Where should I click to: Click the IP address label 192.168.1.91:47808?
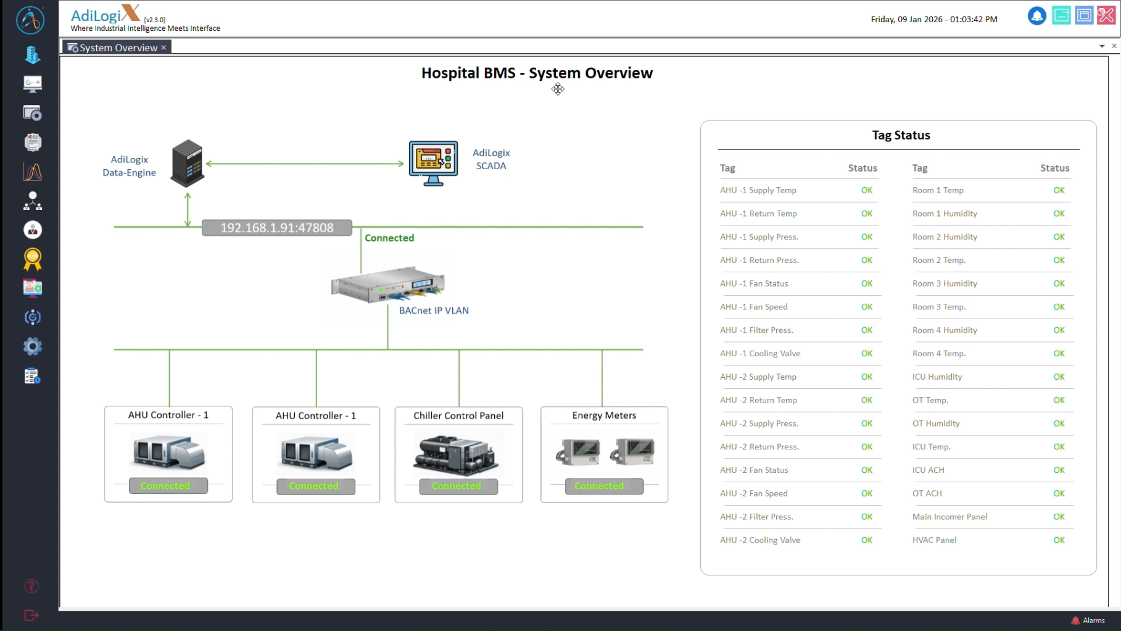277,228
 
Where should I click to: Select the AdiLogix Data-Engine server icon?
187,164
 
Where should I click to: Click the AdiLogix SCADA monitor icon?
433,163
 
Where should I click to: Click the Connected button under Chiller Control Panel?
458,486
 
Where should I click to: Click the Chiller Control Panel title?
458,416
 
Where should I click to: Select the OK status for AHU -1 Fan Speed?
866,307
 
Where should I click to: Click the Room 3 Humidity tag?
945,283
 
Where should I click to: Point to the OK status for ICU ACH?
1059,470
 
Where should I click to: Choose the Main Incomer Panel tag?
949,517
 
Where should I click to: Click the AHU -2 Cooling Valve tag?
760,540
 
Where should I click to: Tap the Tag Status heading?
901,135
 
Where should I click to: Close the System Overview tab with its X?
163,48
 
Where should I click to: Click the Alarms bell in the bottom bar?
1076,621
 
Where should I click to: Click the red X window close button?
1106,15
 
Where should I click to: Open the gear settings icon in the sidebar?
33,346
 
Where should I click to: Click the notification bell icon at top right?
1036,16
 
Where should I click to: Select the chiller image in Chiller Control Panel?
458,454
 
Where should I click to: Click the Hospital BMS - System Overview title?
537,73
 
